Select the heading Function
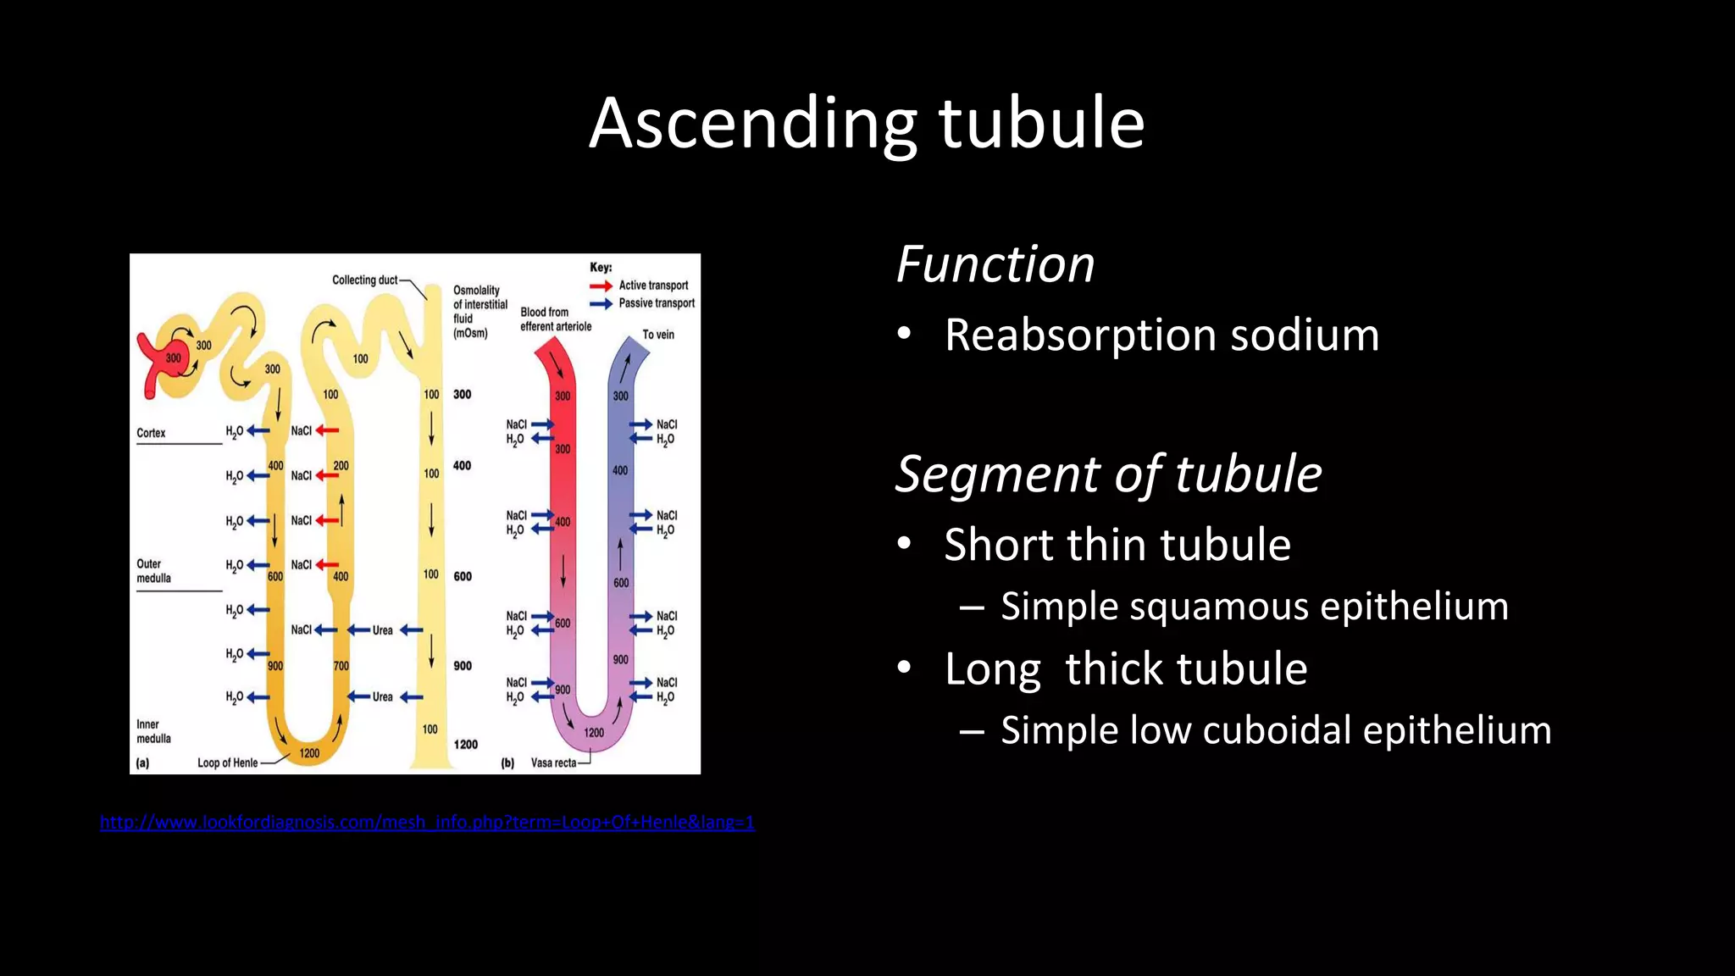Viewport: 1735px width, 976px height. (x=995, y=264)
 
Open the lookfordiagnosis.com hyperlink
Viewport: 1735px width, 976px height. (x=427, y=822)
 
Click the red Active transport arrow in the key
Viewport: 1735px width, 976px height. (x=601, y=286)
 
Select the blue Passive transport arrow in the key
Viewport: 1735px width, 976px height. (x=601, y=304)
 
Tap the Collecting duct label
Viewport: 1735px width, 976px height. (x=364, y=280)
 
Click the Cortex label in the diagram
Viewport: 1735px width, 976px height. (x=151, y=433)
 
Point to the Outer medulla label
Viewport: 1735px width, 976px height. (x=153, y=571)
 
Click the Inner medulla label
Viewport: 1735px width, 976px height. (x=153, y=731)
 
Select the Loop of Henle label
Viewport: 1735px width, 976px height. (x=227, y=762)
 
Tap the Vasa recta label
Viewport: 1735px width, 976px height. (x=553, y=762)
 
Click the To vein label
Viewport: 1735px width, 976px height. (x=658, y=335)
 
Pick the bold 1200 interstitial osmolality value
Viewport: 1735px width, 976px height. (x=465, y=745)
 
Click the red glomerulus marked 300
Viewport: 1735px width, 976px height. (x=173, y=358)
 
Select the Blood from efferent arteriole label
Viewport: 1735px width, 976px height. (x=555, y=319)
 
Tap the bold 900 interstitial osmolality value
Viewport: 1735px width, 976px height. (x=463, y=666)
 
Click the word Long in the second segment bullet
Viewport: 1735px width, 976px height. (x=992, y=669)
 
